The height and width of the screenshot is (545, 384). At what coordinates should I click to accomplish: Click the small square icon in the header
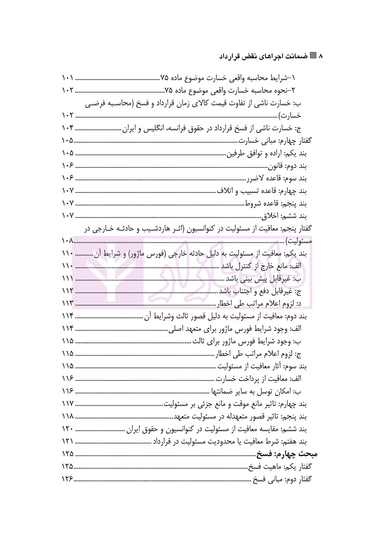[313, 56]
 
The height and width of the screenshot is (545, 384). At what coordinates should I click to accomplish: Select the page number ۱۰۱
[68, 78]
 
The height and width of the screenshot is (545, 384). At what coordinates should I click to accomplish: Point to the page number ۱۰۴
[68, 129]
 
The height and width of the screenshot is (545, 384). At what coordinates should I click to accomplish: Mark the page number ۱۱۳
[68, 304]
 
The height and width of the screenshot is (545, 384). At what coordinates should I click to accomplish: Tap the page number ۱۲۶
[68, 479]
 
